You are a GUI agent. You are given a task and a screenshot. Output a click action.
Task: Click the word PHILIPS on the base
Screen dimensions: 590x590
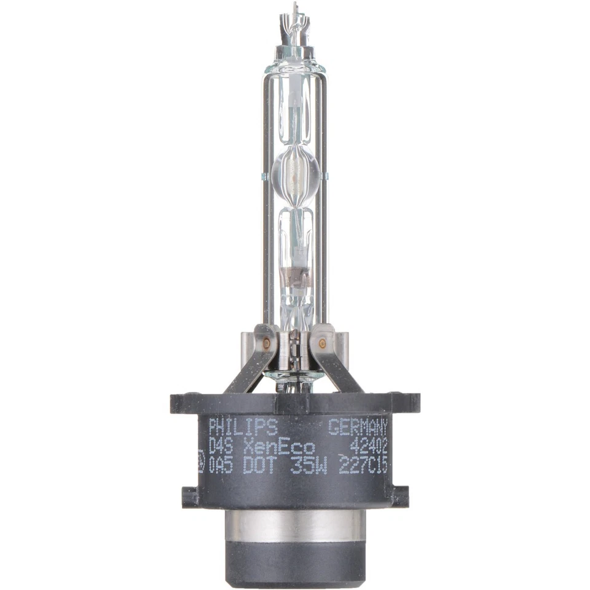[243, 427]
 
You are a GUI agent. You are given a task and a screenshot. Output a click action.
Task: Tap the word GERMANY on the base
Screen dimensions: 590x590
[358, 427]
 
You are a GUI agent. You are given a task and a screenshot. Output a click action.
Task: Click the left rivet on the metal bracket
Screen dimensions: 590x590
[266, 344]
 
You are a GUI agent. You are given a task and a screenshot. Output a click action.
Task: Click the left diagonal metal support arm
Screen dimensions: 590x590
[246, 369]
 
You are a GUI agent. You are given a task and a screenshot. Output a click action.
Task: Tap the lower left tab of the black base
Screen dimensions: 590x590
[190, 495]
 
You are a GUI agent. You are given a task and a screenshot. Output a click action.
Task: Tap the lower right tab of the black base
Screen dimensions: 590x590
[400, 495]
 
